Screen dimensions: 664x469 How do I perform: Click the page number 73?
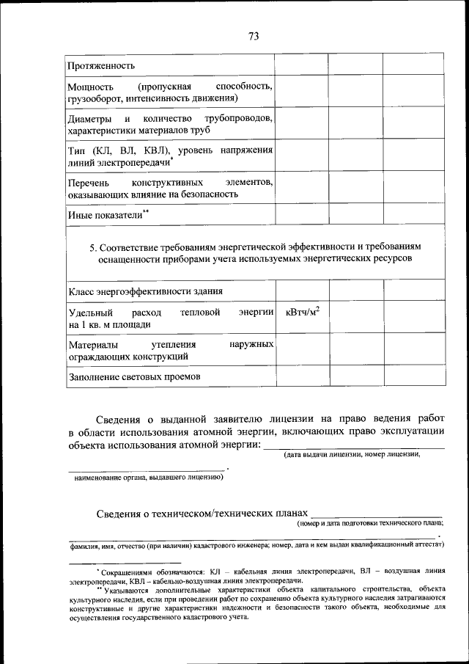[254, 36]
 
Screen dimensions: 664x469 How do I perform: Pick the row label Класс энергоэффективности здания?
[145, 291]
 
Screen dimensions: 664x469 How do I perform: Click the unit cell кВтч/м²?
[302, 313]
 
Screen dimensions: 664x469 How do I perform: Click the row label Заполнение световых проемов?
[135, 376]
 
